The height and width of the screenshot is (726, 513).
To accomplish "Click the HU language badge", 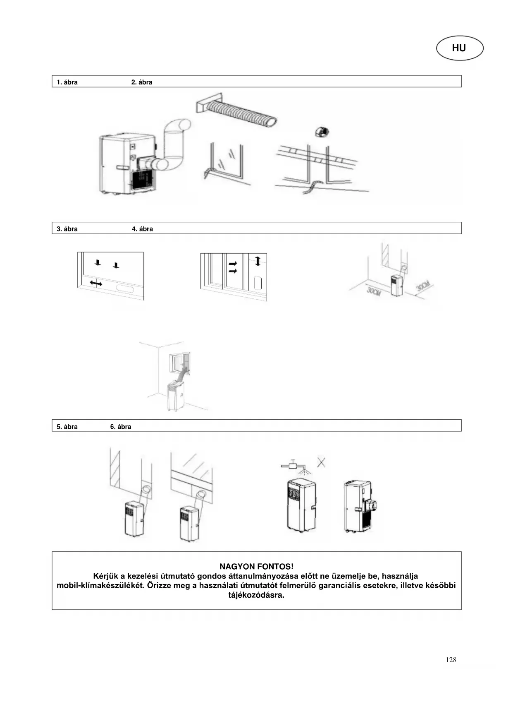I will [x=459, y=48].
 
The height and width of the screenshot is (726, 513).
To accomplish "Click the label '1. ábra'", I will [x=67, y=82].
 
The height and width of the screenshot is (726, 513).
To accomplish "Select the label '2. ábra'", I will [x=141, y=82].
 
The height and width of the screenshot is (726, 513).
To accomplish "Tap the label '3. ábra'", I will [x=67, y=229].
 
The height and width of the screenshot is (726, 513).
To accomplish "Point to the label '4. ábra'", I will [x=142, y=229].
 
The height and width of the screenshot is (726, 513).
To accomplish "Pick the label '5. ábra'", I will [x=67, y=427].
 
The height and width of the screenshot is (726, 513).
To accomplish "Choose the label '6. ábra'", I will [x=120, y=427].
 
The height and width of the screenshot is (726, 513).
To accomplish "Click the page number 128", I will [x=451, y=660].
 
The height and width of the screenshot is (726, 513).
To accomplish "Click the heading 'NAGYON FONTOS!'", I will [x=256, y=566].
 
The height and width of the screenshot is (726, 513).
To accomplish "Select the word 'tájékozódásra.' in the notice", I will [x=256, y=596].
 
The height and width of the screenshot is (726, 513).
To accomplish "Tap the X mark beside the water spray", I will [x=321, y=462].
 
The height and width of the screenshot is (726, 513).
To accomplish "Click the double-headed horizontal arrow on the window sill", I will [x=96, y=283].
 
